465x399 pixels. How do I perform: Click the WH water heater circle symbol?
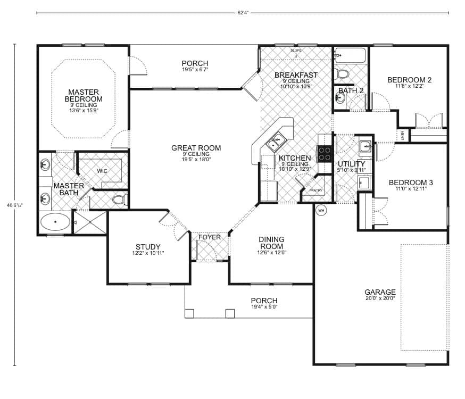tap(321, 211)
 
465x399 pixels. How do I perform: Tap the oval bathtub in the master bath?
tap(55, 221)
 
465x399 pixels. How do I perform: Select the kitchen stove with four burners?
tap(325, 153)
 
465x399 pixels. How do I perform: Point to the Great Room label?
tap(196, 148)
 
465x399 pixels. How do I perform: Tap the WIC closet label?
tap(102, 171)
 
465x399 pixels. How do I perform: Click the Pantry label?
tap(316, 190)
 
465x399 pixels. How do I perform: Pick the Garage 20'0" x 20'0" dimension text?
tap(380, 299)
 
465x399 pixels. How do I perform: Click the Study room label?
tap(148, 247)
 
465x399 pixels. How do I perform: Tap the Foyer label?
tap(210, 237)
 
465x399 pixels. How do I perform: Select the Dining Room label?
tap(271, 243)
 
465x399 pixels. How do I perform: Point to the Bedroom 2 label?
tap(409, 80)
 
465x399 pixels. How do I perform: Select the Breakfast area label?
tap(296, 75)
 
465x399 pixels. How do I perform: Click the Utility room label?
tap(352, 164)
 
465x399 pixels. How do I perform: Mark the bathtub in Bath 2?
tap(351, 55)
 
